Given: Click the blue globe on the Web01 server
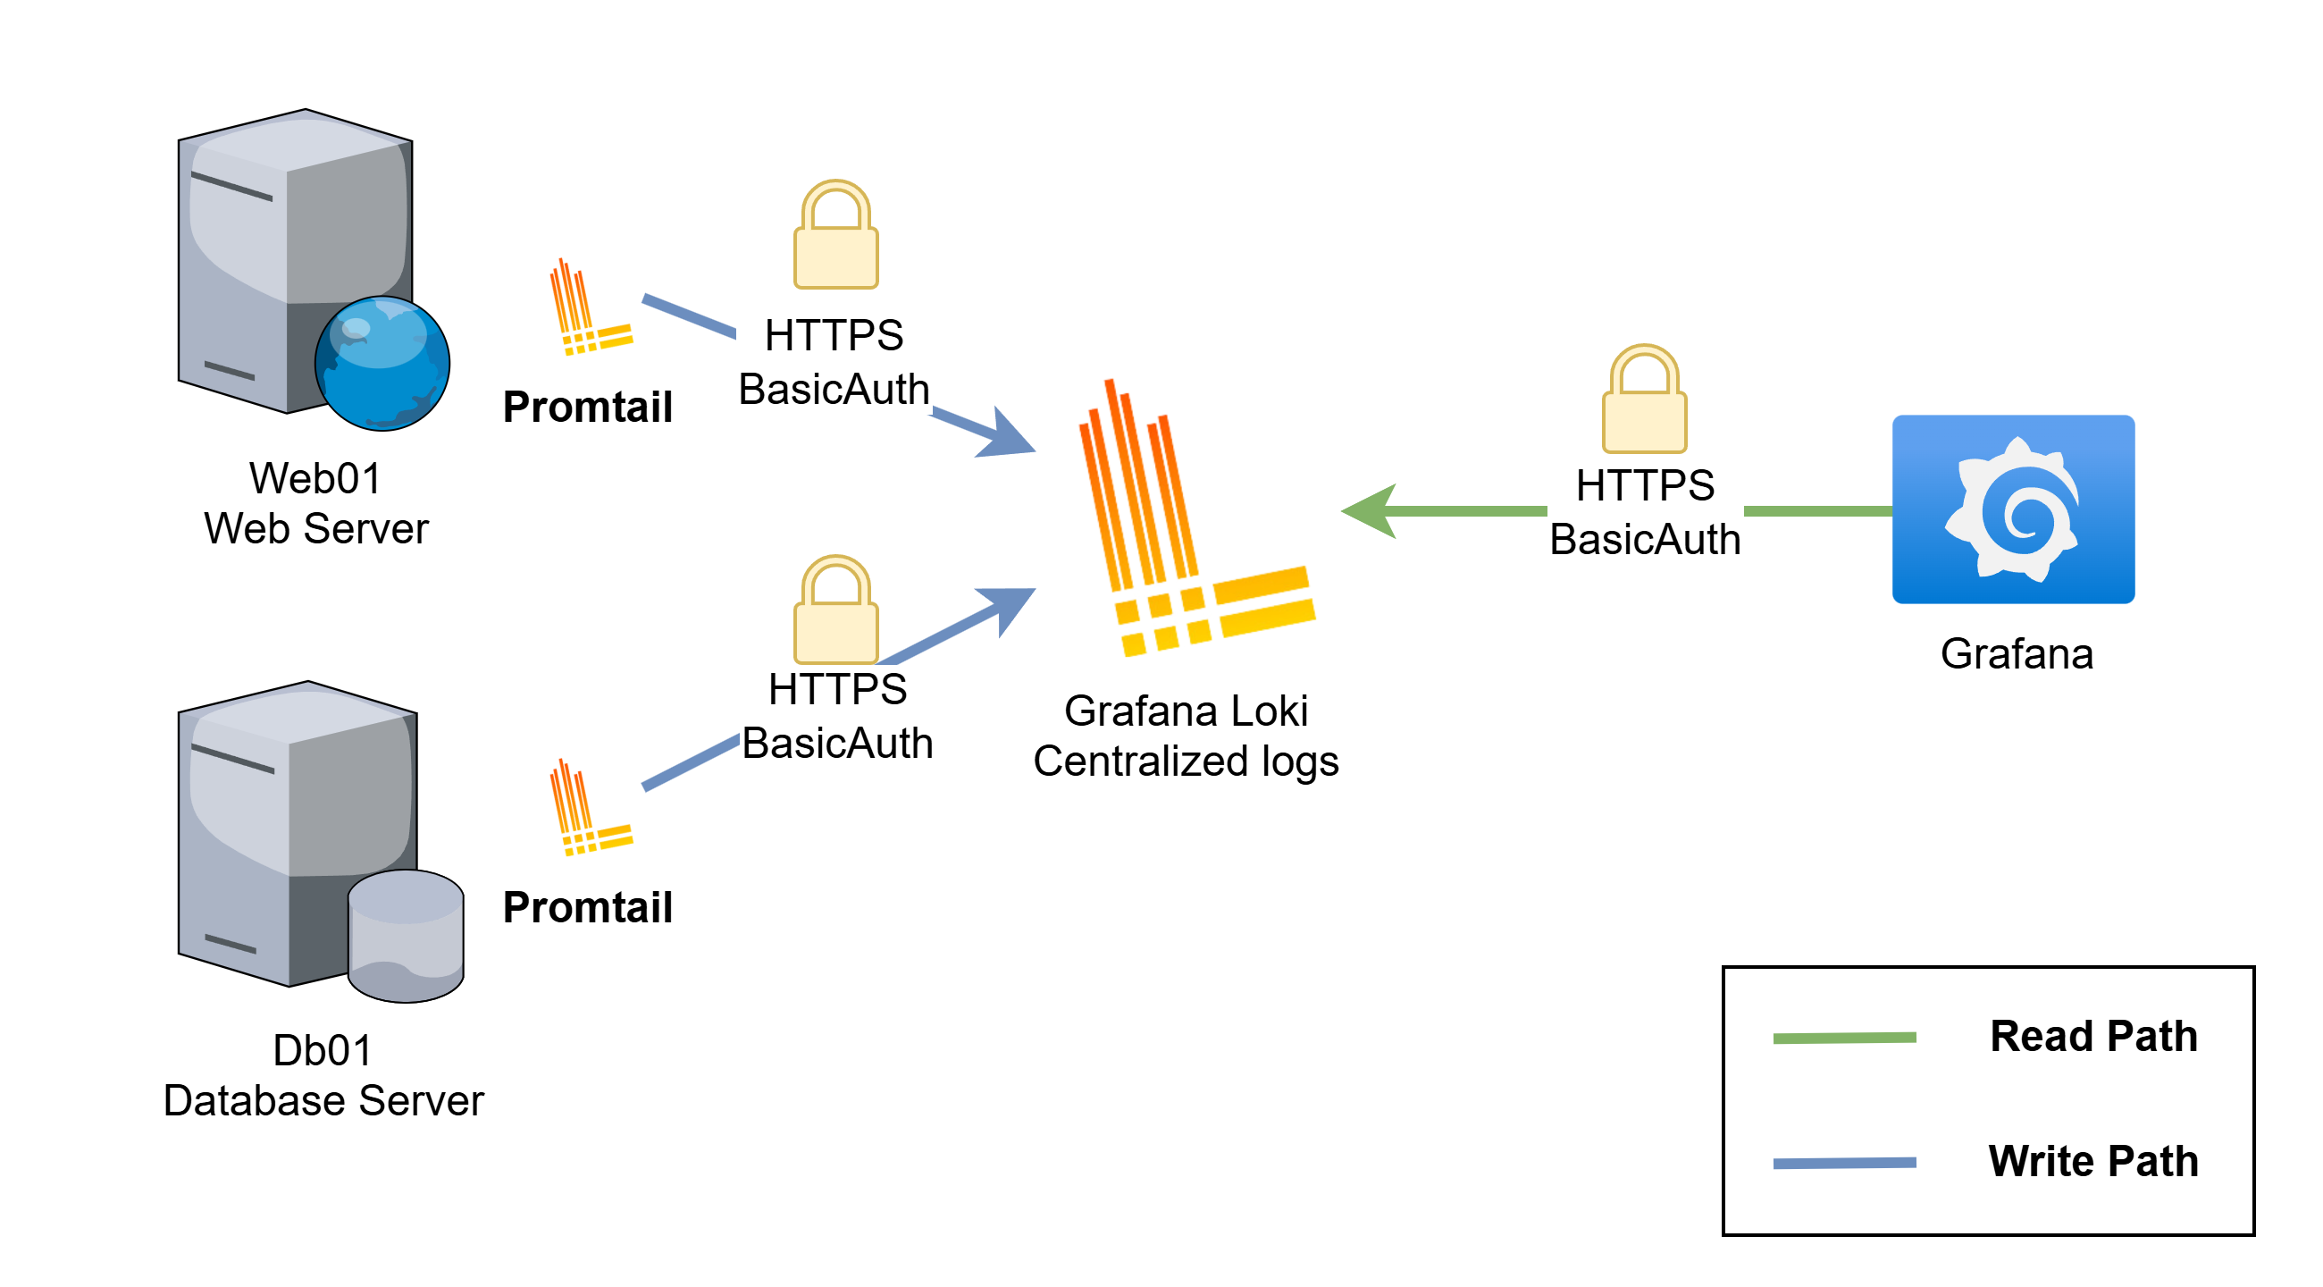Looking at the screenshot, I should point(382,364).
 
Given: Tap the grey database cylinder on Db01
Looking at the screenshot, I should point(406,936).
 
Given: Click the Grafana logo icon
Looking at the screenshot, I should point(2013,509).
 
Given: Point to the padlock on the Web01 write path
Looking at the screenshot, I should point(836,235).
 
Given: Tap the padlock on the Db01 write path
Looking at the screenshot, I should point(836,610).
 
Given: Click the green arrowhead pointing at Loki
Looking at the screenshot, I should point(1371,511).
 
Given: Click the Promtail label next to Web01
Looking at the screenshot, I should point(588,407).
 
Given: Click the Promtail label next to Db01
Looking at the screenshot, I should point(588,907).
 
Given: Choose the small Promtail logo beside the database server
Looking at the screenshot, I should point(589,808).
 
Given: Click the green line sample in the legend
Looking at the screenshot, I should point(1844,1038).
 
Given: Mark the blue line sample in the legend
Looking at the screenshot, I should point(1844,1164).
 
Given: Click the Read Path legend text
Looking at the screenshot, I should point(2093,1036).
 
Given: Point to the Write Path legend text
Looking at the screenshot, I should point(2093,1162).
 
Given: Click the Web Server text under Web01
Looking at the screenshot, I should point(315,528).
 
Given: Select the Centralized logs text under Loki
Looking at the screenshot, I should point(1186,761).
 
